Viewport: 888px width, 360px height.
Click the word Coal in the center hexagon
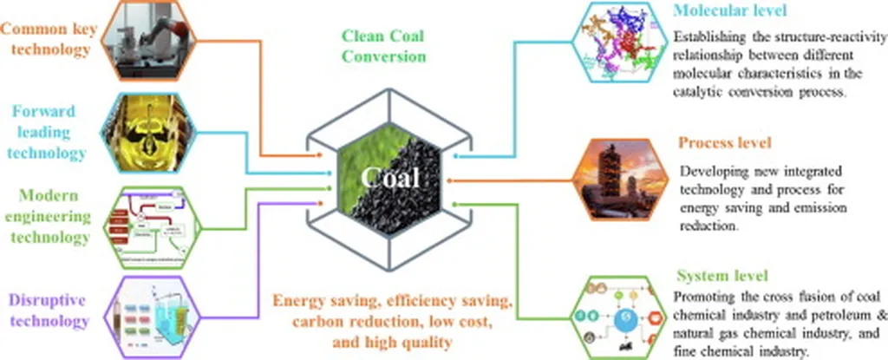click(x=393, y=180)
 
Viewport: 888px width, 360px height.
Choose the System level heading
click(x=721, y=277)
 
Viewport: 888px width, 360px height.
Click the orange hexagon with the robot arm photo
click(x=151, y=40)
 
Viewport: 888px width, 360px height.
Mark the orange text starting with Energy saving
click(x=393, y=321)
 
